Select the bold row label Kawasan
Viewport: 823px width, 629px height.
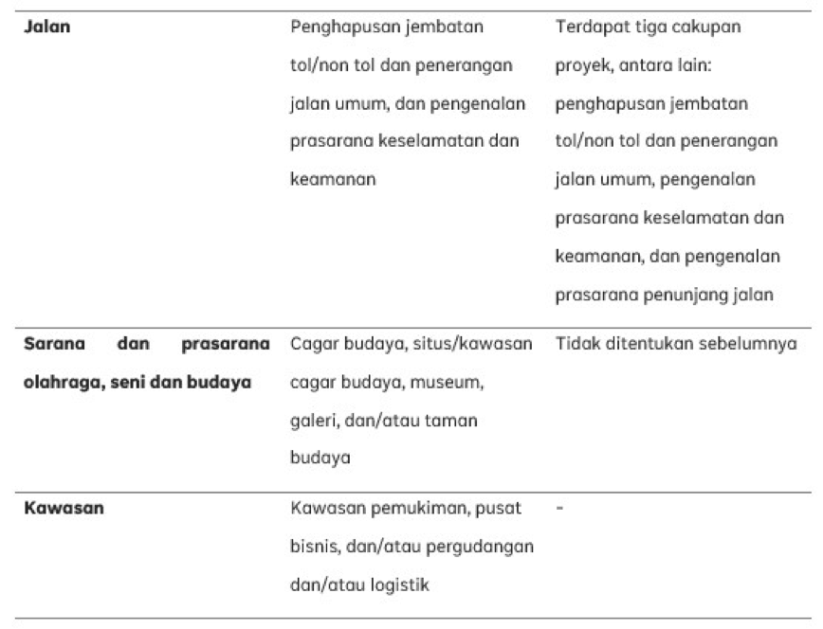64,508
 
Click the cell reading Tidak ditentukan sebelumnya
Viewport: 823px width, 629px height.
675,344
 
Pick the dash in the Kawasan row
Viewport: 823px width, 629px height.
559,508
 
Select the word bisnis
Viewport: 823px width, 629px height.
313,547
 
